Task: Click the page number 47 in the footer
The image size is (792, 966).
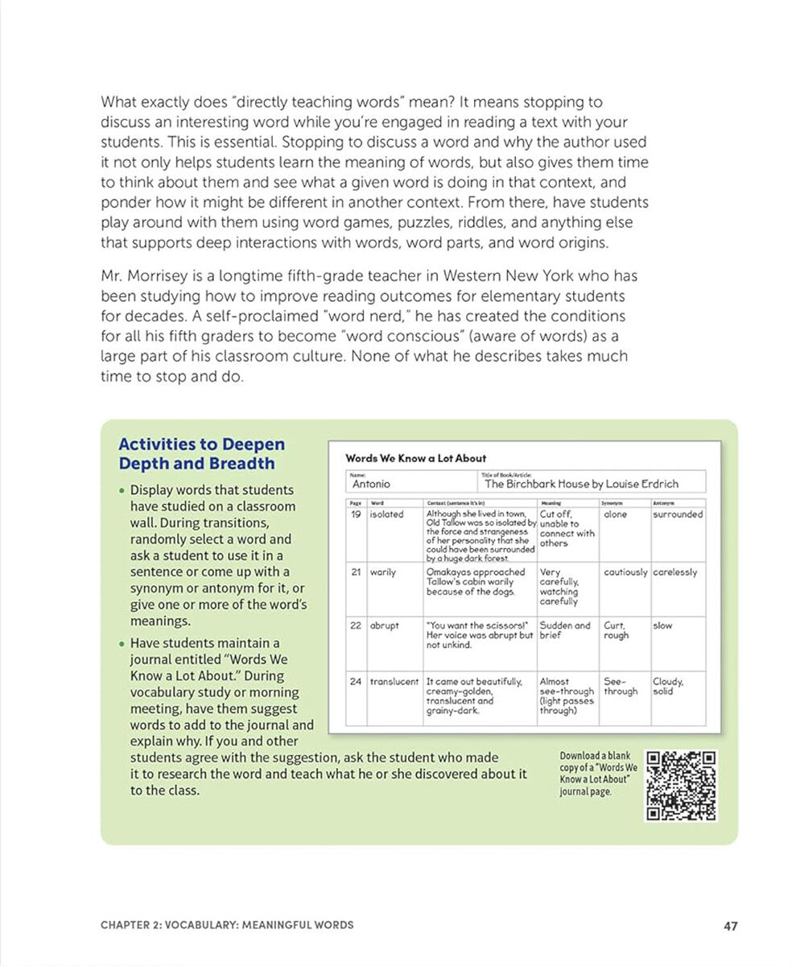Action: (x=730, y=926)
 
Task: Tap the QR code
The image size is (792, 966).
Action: (x=681, y=786)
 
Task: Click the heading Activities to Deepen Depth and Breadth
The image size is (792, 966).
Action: (x=201, y=454)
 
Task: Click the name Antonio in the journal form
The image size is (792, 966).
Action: (x=371, y=484)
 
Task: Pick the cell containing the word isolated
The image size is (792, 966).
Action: (x=386, y=514)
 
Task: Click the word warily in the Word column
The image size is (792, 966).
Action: (x=382, y=572)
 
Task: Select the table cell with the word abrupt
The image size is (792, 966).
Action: (x=384, y=625)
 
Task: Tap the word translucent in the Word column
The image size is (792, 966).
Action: (x=394, y=682)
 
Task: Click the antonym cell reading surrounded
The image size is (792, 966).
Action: (x=677, y=514)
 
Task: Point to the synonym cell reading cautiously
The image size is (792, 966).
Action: (x=625, y=572)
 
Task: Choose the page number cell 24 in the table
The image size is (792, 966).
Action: (x=355, y=682)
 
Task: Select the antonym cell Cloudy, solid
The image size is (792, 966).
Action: (x=668, y=687)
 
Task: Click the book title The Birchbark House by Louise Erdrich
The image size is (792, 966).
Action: (x=581, y=484)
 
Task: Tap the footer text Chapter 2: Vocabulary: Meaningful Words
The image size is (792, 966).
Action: (x=226, y=926)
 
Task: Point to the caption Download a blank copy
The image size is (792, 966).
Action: (x=596, y=774)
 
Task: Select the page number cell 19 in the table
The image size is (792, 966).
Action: (x=355, y=514)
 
